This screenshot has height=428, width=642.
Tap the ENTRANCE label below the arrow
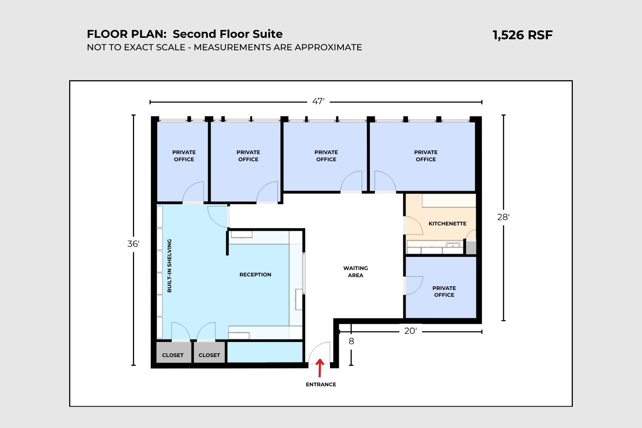coord(321,384)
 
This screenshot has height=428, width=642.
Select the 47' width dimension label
coord(318,102)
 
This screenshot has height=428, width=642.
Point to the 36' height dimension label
coord(133,244)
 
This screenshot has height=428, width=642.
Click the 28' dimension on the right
coord(503,217)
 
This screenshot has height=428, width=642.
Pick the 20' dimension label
coord(410,331)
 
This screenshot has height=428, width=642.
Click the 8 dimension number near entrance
coord(351,342)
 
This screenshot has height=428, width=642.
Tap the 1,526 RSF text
coord(522,35)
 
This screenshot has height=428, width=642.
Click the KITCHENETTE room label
coord(447,224)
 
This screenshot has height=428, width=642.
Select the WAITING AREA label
coord(356,272)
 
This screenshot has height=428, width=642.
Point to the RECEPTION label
coord(255,275)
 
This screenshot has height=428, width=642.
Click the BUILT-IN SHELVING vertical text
coord(169,266)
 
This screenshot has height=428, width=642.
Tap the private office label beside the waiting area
coord(444,291)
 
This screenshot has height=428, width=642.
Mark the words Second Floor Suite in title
coord(228,34)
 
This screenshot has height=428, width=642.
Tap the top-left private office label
coord(184,156)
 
